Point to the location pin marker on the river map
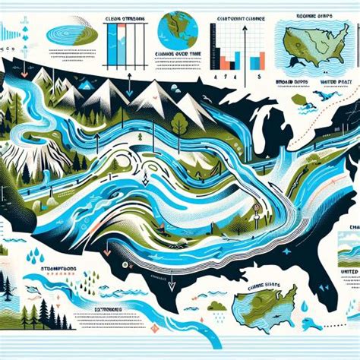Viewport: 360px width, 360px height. [259, 206]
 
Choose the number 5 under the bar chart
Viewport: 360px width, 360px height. [259, 77]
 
